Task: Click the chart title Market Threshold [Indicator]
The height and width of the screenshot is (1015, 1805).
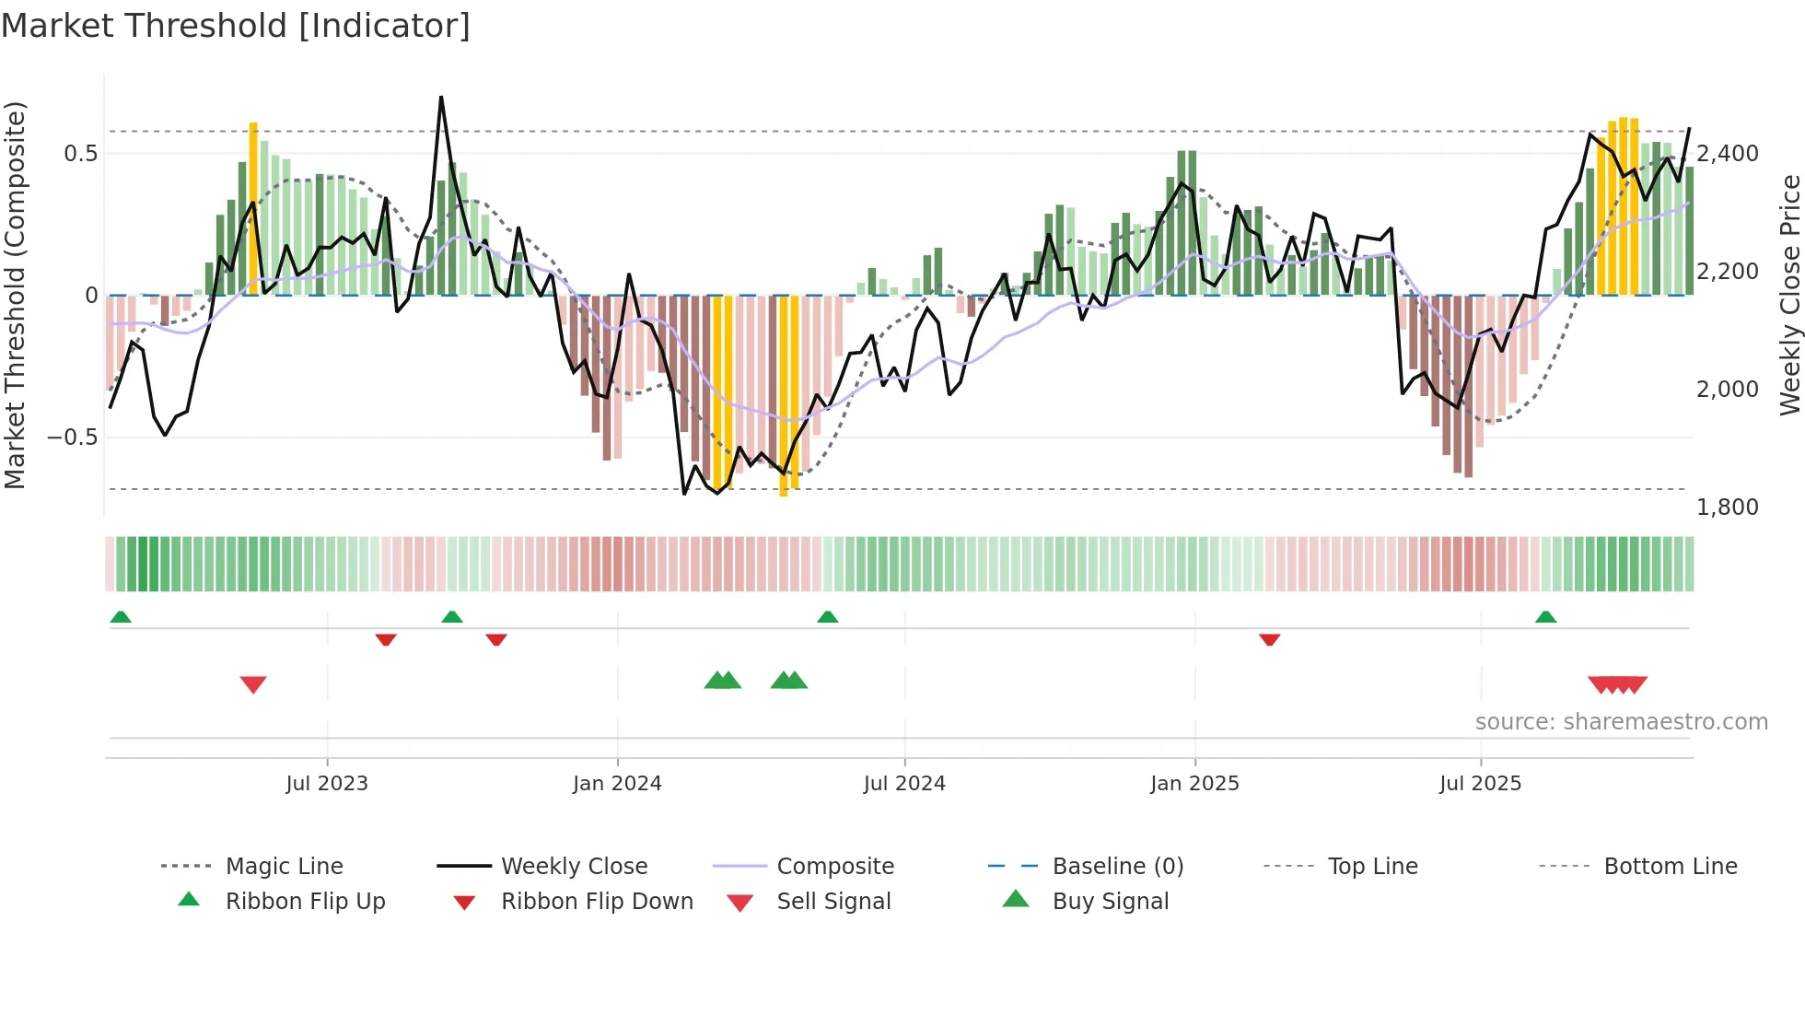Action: pyautogui.click(x=236, y=26)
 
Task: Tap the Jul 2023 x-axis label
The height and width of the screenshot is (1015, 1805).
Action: pyautogui.click(x=326, y=784)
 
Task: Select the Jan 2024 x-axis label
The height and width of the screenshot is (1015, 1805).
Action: pyautogui.click(x=617, y=784)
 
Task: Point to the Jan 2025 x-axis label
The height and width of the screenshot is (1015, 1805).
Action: pyautogui.click(x=1194, y=784)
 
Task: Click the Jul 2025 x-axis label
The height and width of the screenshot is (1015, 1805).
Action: pyautogui.click(x=1480, y=784)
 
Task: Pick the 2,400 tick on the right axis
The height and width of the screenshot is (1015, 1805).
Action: pyautogui.click(x=1727, y=153)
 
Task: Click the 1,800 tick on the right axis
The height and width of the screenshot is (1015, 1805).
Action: pyautogui.click(x=1727, y=507)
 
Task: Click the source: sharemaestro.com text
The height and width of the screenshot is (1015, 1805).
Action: pyautogui.click(x=1621, y=722)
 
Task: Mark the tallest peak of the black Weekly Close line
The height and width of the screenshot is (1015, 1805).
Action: pyautogui.click(x=441, y=98)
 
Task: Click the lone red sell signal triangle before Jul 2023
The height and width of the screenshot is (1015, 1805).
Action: pyautogui.click(x=253, y=684)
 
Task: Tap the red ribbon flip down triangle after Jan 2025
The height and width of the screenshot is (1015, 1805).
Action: pyautogui.click(x=1269, y=639)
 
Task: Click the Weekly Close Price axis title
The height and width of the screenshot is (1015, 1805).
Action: pyautogui.click(x=1789, y=295)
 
